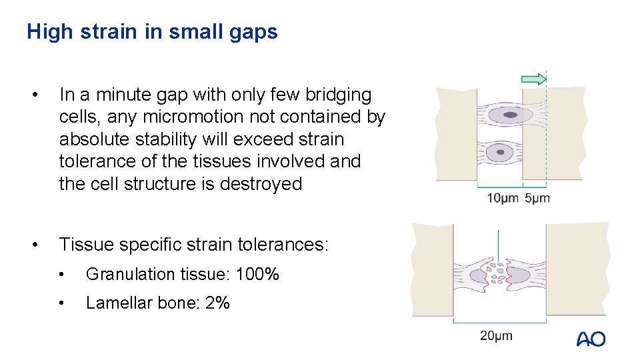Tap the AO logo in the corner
[x=591, y=339]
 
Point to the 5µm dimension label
[x=537, y=198]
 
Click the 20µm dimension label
[x=497, y=335]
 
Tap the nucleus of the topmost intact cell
[x=509, y=115]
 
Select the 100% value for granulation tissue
[x=258, y=274]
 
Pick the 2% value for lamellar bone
[x=218, y=303]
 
